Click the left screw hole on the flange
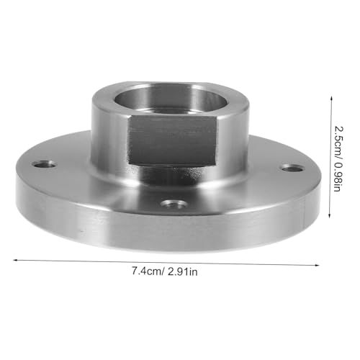tap(45, 165)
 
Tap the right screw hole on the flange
tap(292, 168)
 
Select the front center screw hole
tap(174, 204)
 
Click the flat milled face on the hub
tap(172, 140)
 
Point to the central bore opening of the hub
tap(171, 99)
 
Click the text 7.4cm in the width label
tap(148, 271)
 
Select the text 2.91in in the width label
tap(182, 272)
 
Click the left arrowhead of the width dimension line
tap(15, 260)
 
